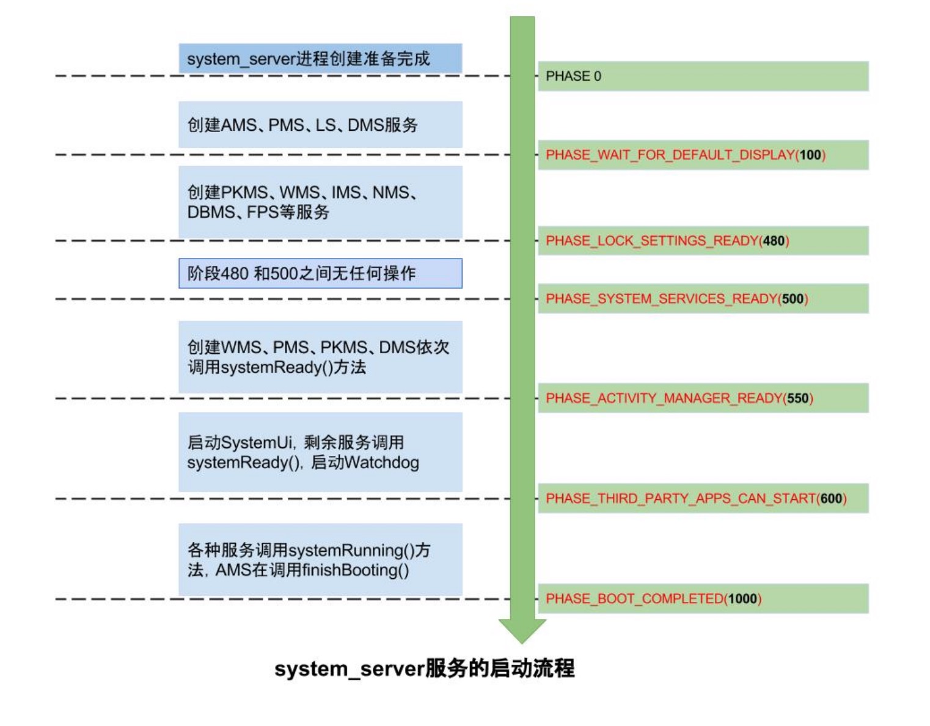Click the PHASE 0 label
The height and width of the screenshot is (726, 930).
[x=573, y=76]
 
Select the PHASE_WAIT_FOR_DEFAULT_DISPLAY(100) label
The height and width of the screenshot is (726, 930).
[x=685, y=155]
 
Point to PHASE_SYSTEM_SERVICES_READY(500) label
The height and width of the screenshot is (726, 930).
[x=676, y=299]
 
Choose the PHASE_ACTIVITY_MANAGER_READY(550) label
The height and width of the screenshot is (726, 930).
[x=679, y=398]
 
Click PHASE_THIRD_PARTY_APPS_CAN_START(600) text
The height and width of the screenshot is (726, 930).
[x=696, y=499]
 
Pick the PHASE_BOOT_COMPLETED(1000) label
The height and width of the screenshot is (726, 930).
[x=653, y=599]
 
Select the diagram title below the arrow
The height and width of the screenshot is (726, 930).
[x=424, y=669]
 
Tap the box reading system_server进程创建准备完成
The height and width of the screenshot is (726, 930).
[x=320, y=59]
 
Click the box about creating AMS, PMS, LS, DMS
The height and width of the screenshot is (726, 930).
[x=320, y=125]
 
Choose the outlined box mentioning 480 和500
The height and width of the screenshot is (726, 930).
[x=320, y=273]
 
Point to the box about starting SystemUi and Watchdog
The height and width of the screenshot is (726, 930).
[x=320, y=452]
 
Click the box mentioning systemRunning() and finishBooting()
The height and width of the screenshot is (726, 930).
[x=320, y=560]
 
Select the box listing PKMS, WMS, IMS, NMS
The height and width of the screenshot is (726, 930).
[x=320, y=202]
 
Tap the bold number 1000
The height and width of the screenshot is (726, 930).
[x=742, y=599]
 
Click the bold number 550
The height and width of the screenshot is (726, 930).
[x=797, y=398]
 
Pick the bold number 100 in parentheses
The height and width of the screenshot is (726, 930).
[x=810, y=155]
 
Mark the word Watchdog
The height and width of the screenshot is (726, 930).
[x=382, y=463]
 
